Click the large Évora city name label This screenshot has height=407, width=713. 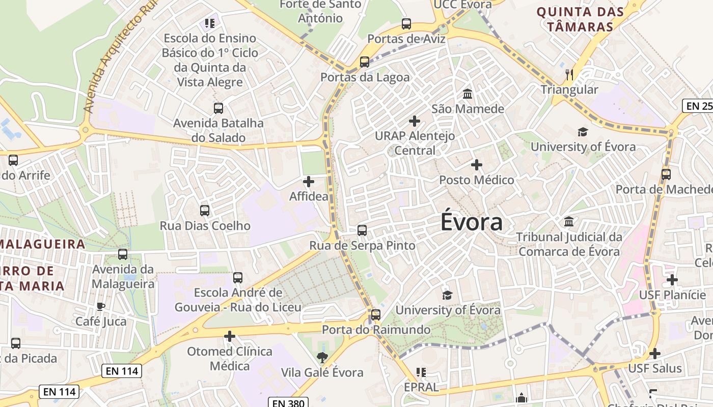coord(472,222)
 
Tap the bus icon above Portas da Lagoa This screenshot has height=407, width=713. coord(365,62)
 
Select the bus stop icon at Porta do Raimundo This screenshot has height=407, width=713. coord(376,314)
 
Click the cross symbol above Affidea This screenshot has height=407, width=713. coord(309,182)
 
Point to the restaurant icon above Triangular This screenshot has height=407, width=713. coord(569,75)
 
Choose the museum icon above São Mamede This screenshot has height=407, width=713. coord(468,94)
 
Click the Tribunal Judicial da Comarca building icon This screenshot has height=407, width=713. coord(569,222)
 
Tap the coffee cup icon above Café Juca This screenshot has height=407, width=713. coord(100,306)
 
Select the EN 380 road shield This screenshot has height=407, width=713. coord(288,403)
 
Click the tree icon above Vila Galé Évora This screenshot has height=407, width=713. coord(322,358)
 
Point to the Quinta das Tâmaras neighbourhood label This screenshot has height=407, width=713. coord(580,19)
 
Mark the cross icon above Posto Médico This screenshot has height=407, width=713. coord(477,165)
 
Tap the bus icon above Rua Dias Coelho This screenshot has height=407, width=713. coord(205,210)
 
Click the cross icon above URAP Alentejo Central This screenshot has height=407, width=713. coord(415,121)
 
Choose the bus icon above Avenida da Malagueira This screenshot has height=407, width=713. coord(123,254)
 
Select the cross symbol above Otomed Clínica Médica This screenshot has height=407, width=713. coord(230,336)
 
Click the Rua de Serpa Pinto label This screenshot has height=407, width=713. coord(362,246)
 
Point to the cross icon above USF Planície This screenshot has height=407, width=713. coord(672,279)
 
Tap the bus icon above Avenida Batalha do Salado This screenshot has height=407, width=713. coord(218,108)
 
